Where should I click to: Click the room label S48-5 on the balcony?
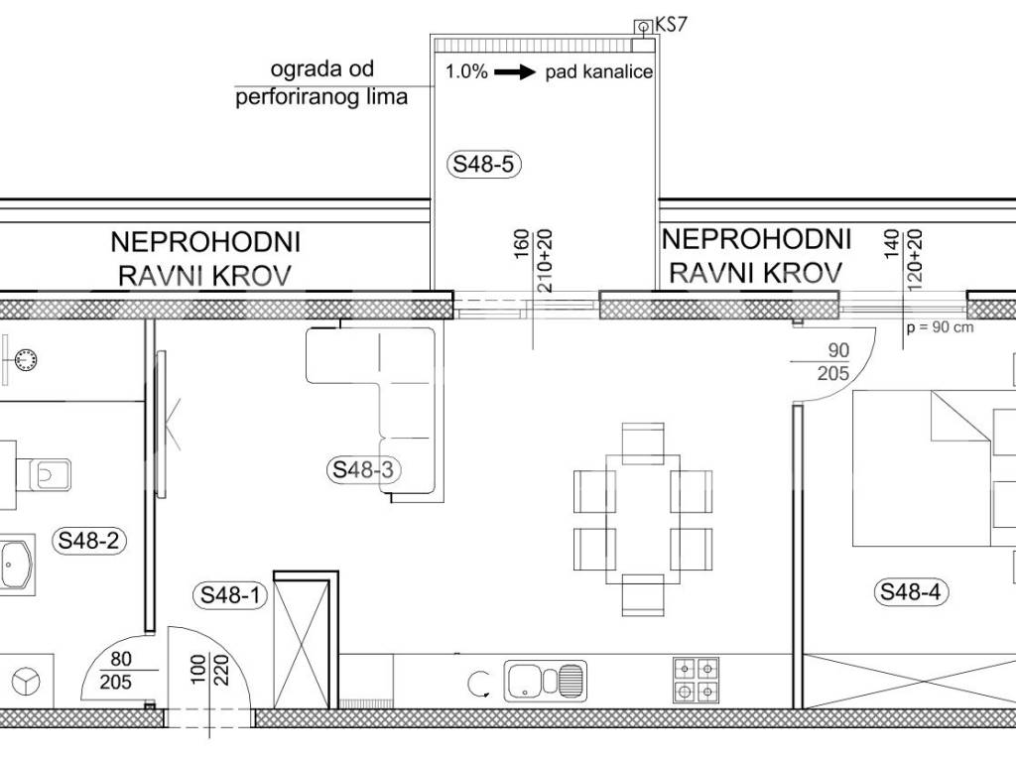(x=483, y=164)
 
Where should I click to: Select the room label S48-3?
(x=363, y=469)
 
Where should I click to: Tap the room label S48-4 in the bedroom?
(x=911, y=591)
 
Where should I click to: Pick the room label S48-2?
(x=88, y=540)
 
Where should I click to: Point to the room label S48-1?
(x=230, y=594)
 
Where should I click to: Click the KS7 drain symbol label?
(x=671, y=25)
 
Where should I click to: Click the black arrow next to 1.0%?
(x=515, y=71)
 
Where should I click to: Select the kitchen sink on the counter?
(x=545, y=681)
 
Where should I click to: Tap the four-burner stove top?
(x=696, y=680)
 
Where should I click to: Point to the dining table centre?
(x=643, y=518)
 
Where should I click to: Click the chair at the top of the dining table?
(x=643, y=444)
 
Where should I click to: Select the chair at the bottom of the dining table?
(x=643, y=595)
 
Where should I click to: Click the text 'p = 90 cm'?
(x=941, y=327)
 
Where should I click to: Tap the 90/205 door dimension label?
(x=833, y=361)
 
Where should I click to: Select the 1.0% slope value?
(x=466, y=71)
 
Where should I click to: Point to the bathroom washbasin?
(x=16, y=565)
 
